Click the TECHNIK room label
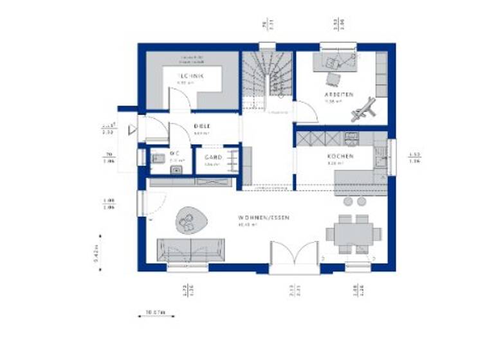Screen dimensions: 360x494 tap(190, 76)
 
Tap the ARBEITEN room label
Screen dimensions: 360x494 tap(339, 94)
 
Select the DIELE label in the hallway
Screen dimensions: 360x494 tap(202, 127)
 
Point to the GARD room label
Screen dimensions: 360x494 tap(213, 157)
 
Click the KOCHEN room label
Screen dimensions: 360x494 tap(339, 156)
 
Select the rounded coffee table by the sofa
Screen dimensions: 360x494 tap(190, 221)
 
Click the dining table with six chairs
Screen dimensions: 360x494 tap(353, 233)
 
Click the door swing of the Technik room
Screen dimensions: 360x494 tap(179, 98)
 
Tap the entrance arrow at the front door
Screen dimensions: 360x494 tap(132, 130)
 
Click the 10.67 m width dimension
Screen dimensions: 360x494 tap(151, 313)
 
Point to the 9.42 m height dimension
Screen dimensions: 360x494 tap(96, 254)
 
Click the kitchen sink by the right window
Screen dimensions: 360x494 tap(381, 157)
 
